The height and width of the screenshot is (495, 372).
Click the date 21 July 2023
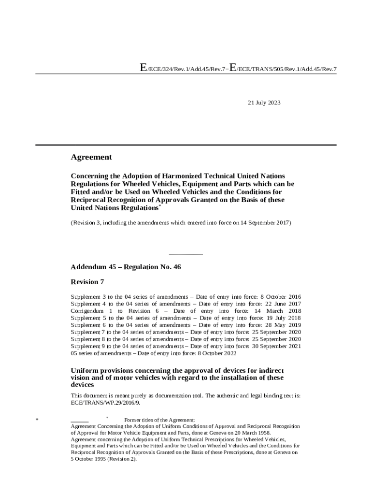coord(264,103)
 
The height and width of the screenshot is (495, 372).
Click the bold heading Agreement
coord(91,157)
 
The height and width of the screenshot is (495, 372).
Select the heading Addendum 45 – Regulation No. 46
coord(126,267)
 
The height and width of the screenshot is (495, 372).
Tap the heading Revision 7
coord(87,282)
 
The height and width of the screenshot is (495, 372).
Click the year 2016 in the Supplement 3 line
coord(295,296)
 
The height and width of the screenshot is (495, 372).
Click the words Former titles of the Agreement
coord(159,420)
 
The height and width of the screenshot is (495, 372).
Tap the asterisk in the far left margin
coord(37,421)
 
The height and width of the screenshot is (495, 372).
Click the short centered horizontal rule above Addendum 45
coord(186,255)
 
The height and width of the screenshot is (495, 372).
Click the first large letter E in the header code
coord(143,68)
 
